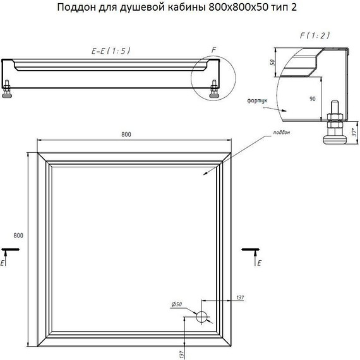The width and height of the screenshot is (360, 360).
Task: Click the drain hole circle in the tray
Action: [203, 316]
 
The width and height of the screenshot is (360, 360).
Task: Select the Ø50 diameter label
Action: [177, 305]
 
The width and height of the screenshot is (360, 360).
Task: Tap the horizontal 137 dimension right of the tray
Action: [239, 297]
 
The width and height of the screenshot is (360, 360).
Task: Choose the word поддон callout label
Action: [282, 132]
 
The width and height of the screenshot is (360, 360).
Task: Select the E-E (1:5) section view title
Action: [110, 51]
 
